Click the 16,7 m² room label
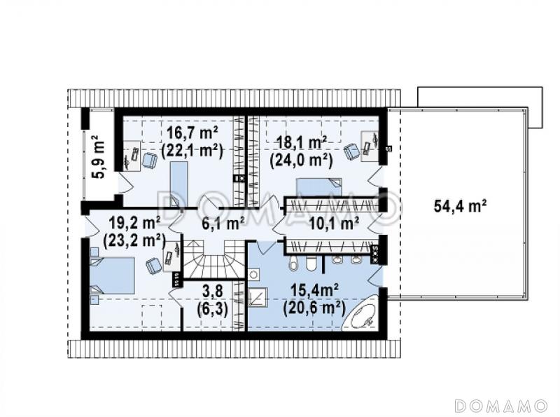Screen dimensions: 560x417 pos(192,133)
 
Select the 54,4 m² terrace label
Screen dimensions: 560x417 pos(461,206)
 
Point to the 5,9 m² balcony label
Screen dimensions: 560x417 pos(99,156)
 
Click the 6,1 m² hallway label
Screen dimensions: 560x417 pos(223,224)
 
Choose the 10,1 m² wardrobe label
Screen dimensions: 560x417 pos(334,224)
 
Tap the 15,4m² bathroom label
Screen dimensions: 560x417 pos(314,290)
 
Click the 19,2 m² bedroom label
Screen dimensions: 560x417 pos(134,223)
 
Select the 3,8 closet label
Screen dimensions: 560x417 pos(213,291)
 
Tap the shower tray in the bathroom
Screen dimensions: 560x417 pos(258,299)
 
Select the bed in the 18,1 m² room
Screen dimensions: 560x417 pos(319,187)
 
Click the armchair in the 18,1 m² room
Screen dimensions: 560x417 pos(352,151)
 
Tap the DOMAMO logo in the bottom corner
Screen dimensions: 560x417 pos(500,406)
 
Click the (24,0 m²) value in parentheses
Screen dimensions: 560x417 pos(302,160)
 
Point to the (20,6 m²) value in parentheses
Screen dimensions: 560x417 pos(314,308)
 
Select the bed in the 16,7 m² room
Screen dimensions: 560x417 pos(178,184)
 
